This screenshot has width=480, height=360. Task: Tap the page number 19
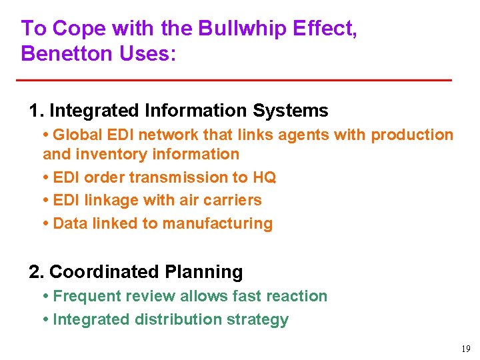point(465,348)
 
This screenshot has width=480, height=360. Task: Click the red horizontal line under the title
point(233,80)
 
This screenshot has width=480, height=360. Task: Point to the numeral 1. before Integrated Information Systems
point(36,111)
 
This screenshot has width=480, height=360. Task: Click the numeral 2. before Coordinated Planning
point(37,272)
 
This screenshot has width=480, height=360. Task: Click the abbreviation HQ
point(264,177)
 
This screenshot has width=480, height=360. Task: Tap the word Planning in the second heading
point(212,272)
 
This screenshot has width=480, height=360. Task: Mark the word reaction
point(298,296)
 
